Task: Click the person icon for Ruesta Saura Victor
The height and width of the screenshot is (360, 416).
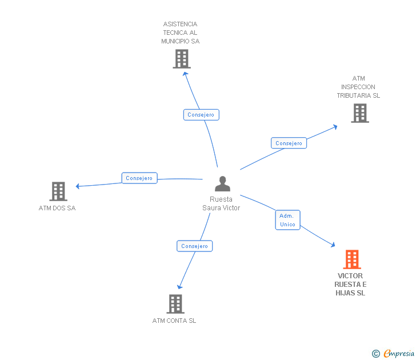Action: tap(222, 184)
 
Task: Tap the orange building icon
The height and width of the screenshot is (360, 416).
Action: tap(352, 259)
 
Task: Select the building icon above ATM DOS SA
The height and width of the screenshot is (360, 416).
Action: tap(58, 191)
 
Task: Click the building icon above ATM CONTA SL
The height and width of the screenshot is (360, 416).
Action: tap(175, 304)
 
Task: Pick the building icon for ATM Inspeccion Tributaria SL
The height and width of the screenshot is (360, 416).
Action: tap(360, 113)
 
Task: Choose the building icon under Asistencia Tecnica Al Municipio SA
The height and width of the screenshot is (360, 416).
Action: tap(181, 59)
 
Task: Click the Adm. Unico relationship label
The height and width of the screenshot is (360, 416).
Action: tap(287, 220)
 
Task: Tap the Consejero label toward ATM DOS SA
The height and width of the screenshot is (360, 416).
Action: tap(139, 178)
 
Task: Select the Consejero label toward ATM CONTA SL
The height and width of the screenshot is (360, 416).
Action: tap(194, 246)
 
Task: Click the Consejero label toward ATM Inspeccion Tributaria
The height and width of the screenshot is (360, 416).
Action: tap(289, 143)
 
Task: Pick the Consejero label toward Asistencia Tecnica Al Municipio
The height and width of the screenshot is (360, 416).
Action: tap(201, 115)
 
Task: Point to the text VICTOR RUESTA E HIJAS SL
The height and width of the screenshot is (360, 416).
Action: tap(350, 285)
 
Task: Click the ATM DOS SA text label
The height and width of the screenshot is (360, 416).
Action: tap(57, 208)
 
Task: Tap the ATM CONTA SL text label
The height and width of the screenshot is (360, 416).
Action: tap(174, 321)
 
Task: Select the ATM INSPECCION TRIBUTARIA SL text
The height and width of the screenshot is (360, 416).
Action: tap(358, 87)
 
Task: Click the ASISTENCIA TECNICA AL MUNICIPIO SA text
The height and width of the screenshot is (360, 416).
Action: tap(180, 33)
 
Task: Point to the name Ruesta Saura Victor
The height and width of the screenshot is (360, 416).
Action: tap(221, 203)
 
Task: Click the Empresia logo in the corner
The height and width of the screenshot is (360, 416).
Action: tap(398, 354)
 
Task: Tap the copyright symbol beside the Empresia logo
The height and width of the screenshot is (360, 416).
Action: tap(375, 354)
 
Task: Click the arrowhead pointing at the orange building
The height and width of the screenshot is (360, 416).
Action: tap(332, 245)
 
